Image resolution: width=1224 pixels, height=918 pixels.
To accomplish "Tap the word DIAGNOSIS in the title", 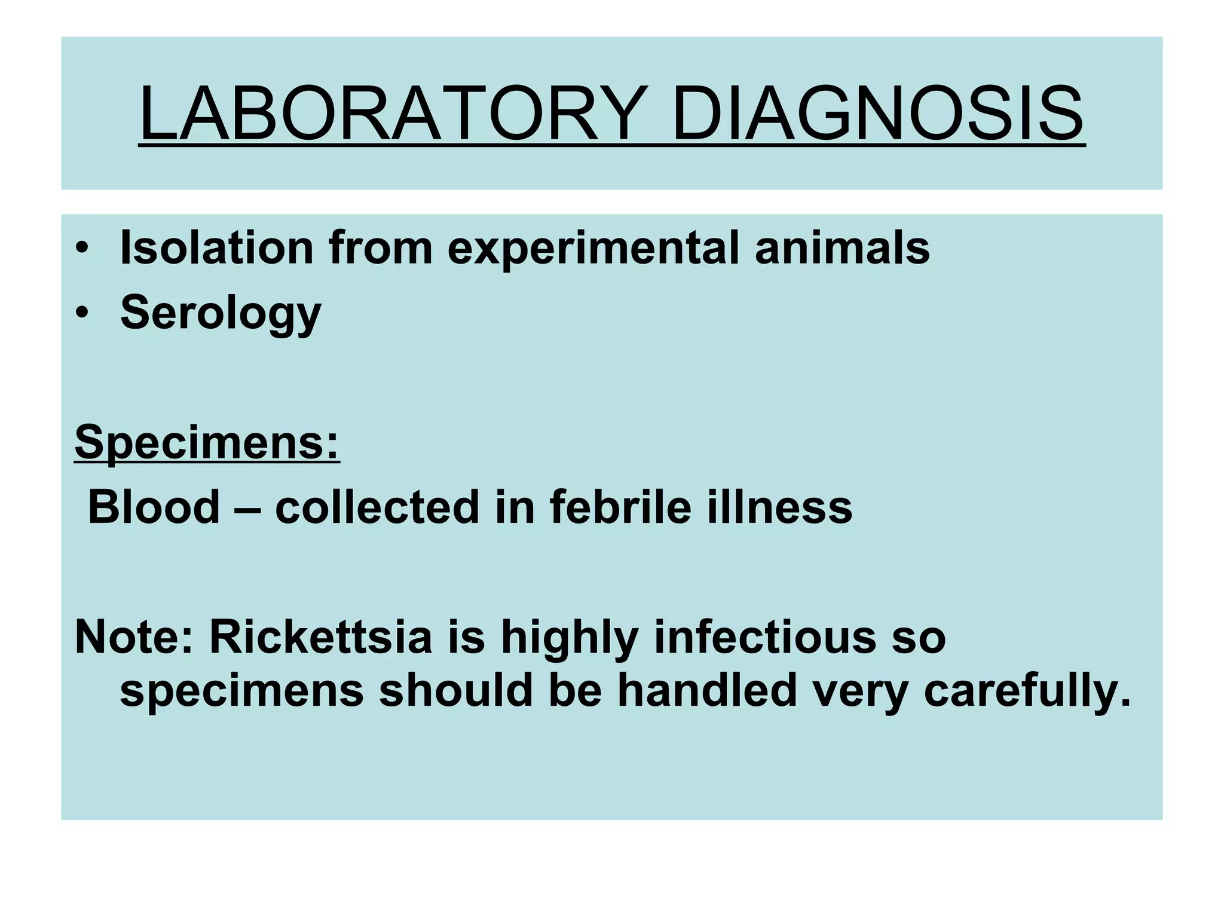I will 877,114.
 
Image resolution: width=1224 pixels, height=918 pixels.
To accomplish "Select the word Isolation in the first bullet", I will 217,247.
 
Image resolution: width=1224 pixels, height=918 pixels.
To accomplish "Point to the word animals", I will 842,247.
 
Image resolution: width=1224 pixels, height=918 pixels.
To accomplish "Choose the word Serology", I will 221,313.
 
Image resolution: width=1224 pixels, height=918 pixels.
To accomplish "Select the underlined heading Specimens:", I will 207,443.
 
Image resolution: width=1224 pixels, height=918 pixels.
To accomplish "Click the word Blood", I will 154,507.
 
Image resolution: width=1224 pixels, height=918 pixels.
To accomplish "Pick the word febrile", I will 620,507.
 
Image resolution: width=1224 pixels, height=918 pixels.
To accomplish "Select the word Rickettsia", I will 320,637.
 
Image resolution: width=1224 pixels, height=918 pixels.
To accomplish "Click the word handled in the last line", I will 707,690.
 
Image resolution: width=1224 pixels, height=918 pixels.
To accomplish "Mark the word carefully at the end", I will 1027,691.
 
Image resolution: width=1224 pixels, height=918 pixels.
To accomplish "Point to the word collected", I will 377,507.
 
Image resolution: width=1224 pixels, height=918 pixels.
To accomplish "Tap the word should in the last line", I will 455,690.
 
